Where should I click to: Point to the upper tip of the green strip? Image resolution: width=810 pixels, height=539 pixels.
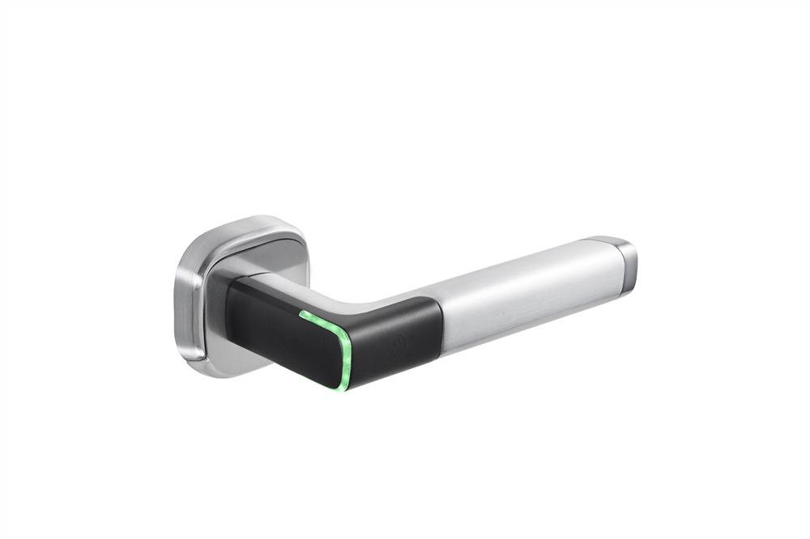301,312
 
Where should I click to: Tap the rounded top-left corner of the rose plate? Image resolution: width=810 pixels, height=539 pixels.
202,235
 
